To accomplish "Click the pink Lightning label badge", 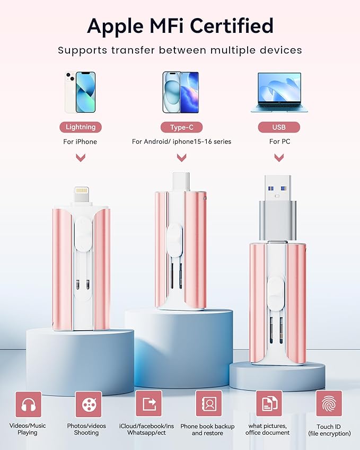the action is point(81,127).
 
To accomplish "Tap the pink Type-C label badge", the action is point(181,127).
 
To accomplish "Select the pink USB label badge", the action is point(279,127).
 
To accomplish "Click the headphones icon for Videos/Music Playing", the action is point(28,404).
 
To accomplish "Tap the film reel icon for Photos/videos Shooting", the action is point(89,404).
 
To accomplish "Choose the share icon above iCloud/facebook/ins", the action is point(148,403).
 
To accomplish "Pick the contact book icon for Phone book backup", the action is point(209,403).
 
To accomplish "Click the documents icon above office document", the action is point(269,403).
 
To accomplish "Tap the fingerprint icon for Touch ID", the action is point(329,403).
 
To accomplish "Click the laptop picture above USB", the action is point(279,92).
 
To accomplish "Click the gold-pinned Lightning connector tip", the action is point(82,195).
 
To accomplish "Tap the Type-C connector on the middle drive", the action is point(181,182).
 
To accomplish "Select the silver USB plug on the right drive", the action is point(278,207).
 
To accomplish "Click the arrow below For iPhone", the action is point(81,157).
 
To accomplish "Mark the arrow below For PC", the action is point(279,157).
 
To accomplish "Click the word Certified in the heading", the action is point(232,26).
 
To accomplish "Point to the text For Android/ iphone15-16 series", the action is point(181,142).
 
